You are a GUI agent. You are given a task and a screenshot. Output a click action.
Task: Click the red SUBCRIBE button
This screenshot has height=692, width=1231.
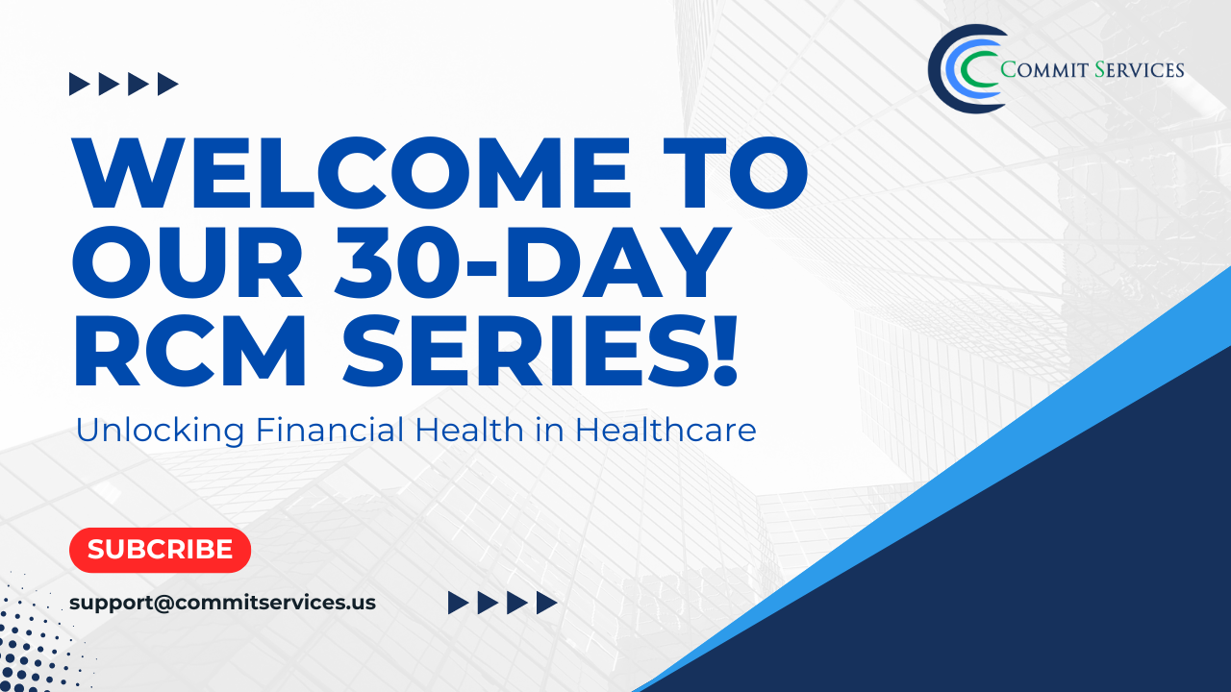tap(160, 550)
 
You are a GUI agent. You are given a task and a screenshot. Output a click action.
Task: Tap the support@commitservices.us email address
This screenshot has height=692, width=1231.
tap(222, 603)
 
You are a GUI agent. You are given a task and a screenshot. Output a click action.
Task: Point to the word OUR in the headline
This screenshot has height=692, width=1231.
tap(188, 261)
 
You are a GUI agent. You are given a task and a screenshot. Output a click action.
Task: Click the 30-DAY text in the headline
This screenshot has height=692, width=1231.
tap(533, 261)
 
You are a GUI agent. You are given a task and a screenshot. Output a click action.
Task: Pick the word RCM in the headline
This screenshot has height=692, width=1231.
tap(189, 351)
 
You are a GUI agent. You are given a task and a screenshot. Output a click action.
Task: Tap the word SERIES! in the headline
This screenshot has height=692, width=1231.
tap(540, 351)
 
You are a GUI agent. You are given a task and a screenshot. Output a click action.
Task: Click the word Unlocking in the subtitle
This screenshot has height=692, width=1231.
tap(160, 431)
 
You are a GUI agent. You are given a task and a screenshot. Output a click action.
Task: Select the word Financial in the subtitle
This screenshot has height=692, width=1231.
tap(330, 429)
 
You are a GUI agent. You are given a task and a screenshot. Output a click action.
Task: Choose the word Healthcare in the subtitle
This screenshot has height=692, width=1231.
tap(666, 429)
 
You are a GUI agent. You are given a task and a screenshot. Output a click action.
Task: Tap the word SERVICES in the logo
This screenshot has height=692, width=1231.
tap(1140, 70)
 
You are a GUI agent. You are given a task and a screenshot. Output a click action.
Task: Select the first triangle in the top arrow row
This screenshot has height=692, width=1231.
tap(80, 84)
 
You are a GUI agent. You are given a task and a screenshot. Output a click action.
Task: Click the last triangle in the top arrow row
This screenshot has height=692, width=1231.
tap(168, 84)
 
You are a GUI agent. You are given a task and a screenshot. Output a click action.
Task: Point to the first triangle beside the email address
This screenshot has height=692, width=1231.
tap(459, 603)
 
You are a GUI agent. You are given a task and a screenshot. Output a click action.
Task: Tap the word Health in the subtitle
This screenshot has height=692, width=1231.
tap(468, 429)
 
